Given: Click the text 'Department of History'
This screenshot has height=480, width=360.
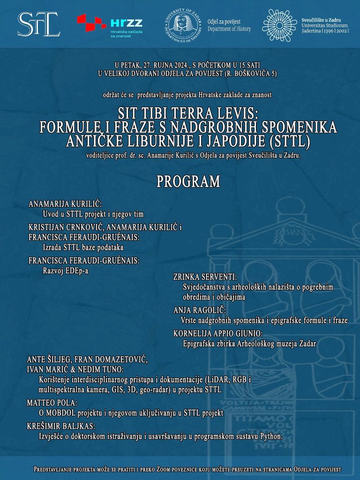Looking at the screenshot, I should [229, 29].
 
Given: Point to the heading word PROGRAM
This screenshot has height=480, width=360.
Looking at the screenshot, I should [188, 181].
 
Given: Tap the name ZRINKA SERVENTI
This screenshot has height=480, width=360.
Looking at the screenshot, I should [205, 277].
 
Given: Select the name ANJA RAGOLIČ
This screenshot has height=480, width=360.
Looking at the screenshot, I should [199, 310].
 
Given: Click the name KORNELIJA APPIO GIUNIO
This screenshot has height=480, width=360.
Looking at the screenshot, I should [217, 333].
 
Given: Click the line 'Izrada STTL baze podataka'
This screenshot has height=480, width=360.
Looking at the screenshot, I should [83, 247].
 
